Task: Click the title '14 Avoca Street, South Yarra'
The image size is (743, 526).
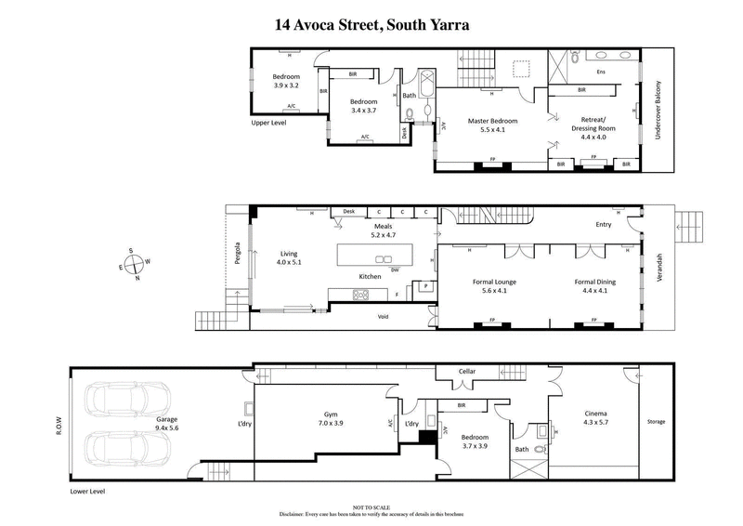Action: point(371,25)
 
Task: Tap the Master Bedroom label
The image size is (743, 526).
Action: point(491,126)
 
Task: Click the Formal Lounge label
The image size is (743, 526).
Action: point(492,286)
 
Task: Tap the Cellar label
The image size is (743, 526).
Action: point(466,372)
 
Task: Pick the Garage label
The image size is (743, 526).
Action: point(168,425)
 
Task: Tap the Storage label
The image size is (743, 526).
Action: point(656,422)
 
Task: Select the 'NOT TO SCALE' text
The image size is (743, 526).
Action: point(371,506)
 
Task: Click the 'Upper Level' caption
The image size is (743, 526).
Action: point(268,123)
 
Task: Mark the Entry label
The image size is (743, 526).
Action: point(604,224)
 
